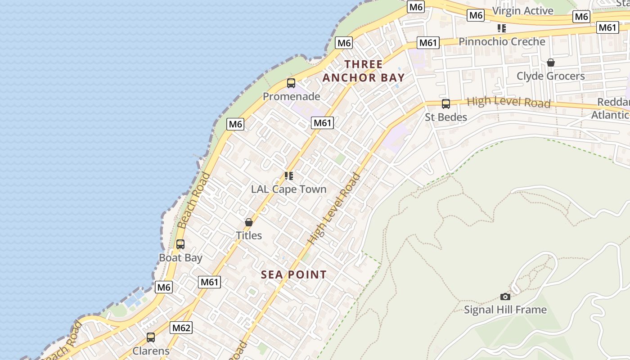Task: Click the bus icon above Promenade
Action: (x=291, y=83)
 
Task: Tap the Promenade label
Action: (x=291, y=96)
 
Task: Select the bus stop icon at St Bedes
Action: (x=446, y=104)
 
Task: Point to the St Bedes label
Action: (x=446, y=117)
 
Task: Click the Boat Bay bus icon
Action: (x=180, y=244)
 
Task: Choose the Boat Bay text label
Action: (x=180, y=258)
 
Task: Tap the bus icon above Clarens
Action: (x=151, y=337)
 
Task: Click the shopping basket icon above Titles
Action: (x=249, y=222)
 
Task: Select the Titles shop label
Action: (x=249, y=235)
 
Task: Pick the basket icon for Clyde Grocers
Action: (x=550, y=63)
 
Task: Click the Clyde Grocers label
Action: (x=550, y=76)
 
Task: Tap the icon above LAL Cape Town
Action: (x=288, y=175)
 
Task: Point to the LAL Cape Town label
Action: (x=288, y=189)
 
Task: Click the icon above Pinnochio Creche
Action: (x=502, y=28)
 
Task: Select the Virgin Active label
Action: (x=522, y=11)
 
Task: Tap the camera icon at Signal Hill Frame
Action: (x=505, y=297)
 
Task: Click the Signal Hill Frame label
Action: (x=505, y=310)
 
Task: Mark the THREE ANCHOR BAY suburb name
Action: (x=364, y=71)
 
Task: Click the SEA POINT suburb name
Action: (x=294, y=274)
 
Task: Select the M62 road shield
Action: (x=181, y=328)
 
